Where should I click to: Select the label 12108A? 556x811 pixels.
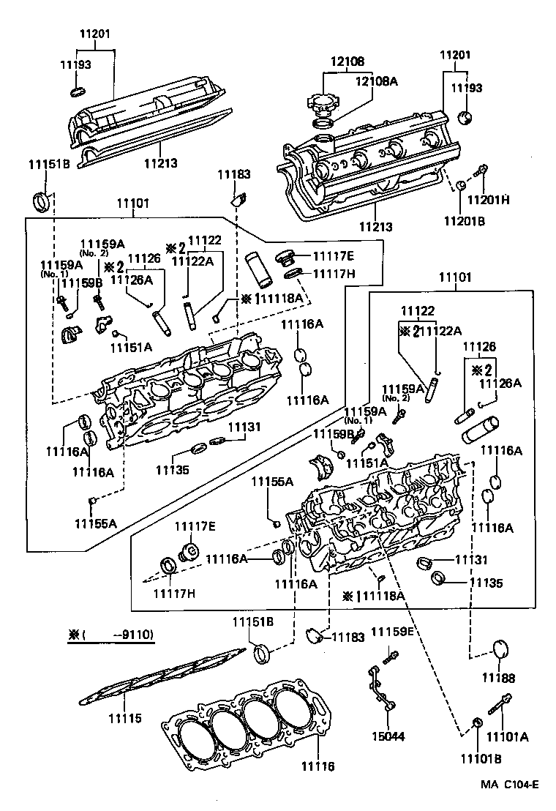(x=377, y=81)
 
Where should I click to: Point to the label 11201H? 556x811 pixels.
(x=489, y=200)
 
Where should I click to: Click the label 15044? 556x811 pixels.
(x=388, y=736)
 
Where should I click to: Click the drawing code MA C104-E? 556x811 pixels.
(x=509, y=785)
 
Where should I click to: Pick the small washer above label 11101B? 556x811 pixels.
(x=477, y=725)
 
